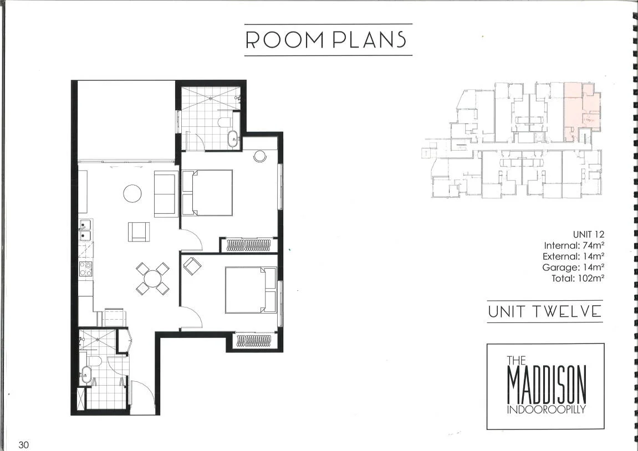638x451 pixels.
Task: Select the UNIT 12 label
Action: [588, 234]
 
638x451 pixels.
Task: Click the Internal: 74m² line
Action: [574, 245]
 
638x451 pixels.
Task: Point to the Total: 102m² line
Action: [578, 279]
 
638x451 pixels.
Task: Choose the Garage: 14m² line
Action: [573, 268]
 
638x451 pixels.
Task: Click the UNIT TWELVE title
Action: [544, 312]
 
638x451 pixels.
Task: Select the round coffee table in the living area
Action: [132, 193]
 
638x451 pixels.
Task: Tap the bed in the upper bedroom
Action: [207, 192]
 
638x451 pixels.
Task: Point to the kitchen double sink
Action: [85, 230]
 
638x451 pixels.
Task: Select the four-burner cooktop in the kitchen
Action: [86, 269]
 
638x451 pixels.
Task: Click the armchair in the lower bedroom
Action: [192, 266]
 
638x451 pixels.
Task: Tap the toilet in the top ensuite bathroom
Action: [226, 122]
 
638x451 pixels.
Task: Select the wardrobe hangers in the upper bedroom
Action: [249, 245]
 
